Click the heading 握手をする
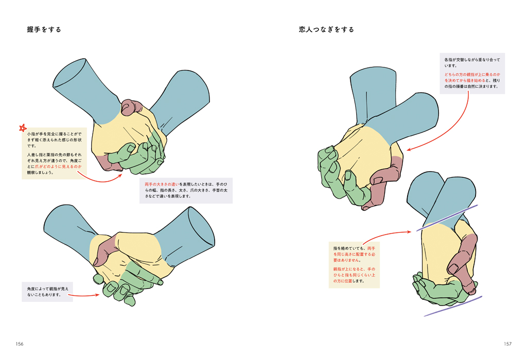click(44, 29)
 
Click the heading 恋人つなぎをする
click(326, 29)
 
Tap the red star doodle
click(23, 128)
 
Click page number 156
click(20, 344)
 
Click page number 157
click(507, 344)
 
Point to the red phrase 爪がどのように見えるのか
click(58, 167)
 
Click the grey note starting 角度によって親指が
click(47, 292)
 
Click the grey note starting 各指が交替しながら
click(472, 73)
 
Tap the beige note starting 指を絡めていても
click(354, 265)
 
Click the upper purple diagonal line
click(447, 218)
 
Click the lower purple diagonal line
click(453, 307)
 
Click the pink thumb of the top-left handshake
click(131, 107)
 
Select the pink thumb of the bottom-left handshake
click(104, 250)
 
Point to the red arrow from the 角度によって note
click(84, 296)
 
